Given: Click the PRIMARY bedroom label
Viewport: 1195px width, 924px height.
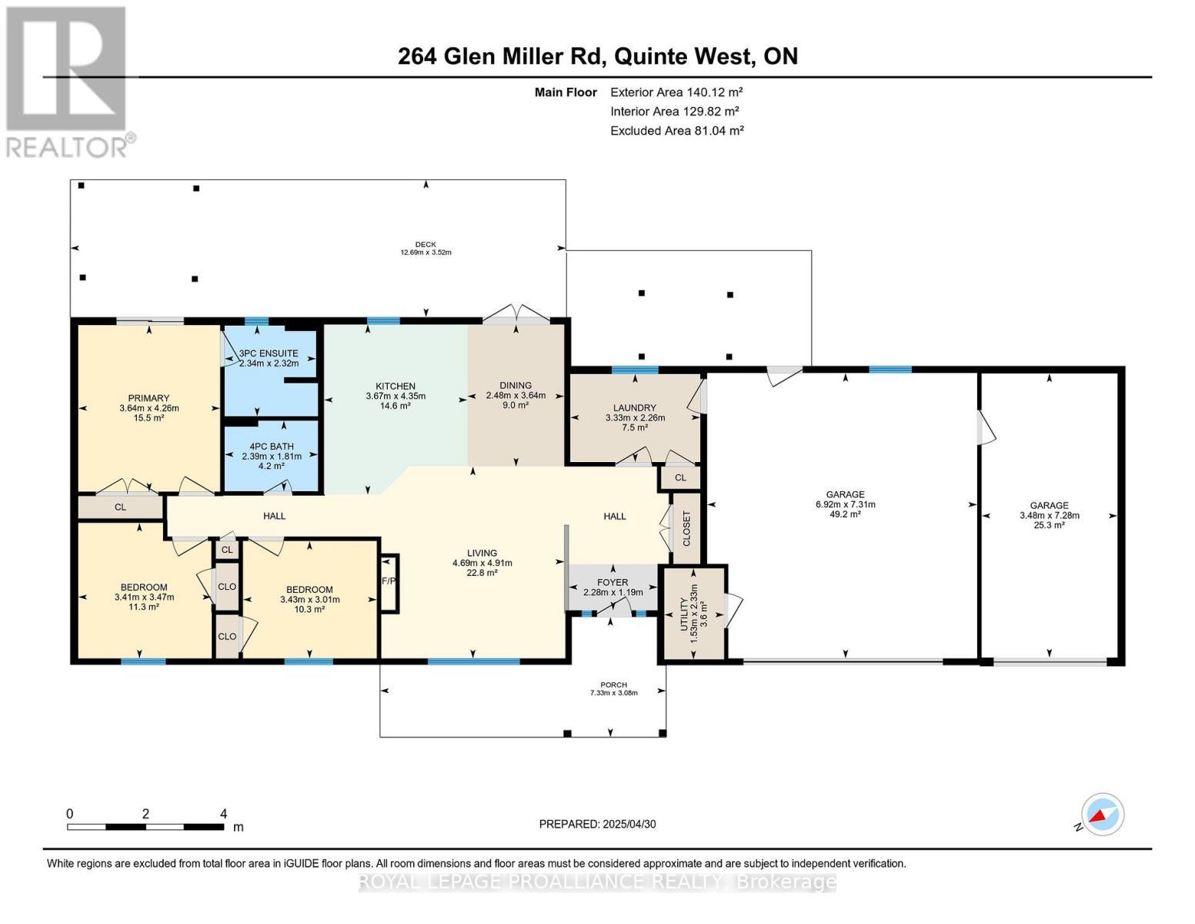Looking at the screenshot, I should [149, 399].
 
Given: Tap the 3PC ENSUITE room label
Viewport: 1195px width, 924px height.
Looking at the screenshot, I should [268, 353].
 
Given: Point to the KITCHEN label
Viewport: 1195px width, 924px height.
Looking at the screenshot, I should [396, 387].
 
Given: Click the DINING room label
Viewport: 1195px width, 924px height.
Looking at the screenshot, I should [515, 386].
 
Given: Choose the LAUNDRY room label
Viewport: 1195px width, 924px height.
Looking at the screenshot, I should [635, 408].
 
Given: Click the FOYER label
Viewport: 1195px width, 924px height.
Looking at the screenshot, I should [613, 582].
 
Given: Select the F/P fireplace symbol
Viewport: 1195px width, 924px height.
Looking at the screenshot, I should [389, 581].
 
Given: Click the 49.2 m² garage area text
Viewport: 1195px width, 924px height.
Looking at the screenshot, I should [845, 515].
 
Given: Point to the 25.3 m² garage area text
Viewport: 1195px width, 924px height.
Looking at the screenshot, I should [1049, 525].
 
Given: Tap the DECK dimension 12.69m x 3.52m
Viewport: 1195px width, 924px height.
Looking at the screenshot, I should [425, 253].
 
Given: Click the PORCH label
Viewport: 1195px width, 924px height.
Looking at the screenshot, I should [613, 685].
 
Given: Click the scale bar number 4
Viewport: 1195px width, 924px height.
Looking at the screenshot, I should [223, 814].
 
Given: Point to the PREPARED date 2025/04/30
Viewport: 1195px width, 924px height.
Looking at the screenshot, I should [597, 824].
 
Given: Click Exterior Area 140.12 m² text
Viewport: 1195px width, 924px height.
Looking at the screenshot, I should [676, 92].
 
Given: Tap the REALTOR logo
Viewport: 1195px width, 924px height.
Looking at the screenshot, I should [68, 81].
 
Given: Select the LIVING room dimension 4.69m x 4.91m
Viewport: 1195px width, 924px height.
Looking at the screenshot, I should [482, 563].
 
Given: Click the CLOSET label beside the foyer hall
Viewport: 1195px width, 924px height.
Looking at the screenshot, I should [686, 528].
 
